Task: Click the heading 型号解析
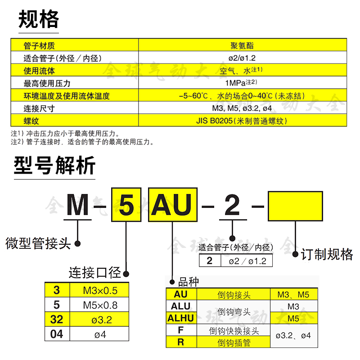pos(54,166)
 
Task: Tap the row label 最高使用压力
pos(47,83)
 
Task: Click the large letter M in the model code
pos(79,207)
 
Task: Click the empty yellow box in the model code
pos(295,207)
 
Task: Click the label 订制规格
pos(327,254)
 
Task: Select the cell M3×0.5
pos(100,291)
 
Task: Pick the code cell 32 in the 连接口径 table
pos(56,320)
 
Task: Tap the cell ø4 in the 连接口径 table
pos(100,334)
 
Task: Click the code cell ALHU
pos(180,318)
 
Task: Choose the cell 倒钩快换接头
pos(234,331)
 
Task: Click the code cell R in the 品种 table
pos(180,342)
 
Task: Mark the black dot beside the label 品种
pos(172,283)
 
